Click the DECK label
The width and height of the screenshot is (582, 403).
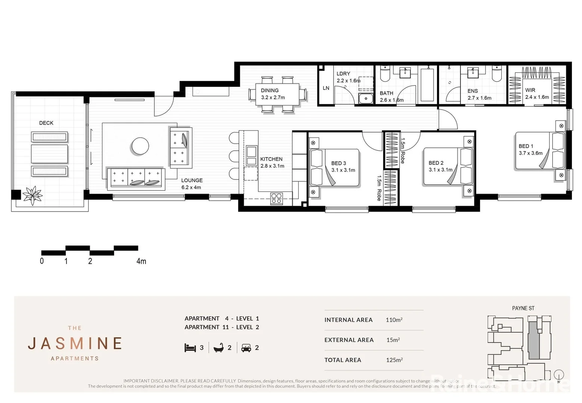(x=46, y=123)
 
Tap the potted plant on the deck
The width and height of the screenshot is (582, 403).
(x=33, y=195)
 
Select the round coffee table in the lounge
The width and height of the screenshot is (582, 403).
(x=140, y=146)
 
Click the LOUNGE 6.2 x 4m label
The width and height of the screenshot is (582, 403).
(x=191, y=184)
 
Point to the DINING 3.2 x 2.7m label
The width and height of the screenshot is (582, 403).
(x=272, y=94)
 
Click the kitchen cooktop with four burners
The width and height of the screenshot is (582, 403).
(x=277, y=198)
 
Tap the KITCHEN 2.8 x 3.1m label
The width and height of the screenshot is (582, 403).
(x=272, y=162)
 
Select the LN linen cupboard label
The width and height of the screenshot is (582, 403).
(x=326, y=88)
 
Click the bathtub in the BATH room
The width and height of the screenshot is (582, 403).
(x=427, y=85)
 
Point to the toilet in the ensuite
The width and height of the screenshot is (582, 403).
(x=497, y=75)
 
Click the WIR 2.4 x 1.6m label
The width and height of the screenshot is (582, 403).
(x=537, y=93)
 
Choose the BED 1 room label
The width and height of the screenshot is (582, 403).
(x=530, y=149)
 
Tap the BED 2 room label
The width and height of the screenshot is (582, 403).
(x=440, y=166)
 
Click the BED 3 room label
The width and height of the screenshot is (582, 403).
(x=343, y=166)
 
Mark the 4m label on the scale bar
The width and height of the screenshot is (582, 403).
(x=141, y=261)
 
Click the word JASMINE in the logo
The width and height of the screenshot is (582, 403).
(x=75, y=343)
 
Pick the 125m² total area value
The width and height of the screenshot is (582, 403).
(x=394, y=360)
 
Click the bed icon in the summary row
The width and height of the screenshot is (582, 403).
(x=190, y=348)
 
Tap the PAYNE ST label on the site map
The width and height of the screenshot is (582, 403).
(x=523, y=308)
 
